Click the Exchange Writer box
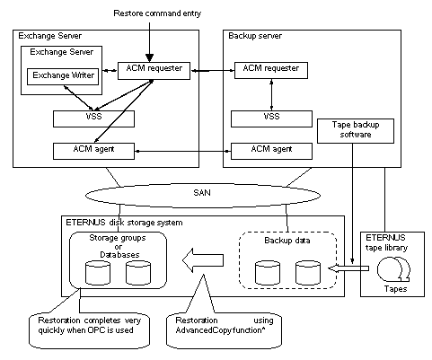(x=63, y=76)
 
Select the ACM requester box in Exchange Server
(x=154, y=71)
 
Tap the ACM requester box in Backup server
(x=271, y=70)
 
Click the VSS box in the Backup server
(x=271, y=119)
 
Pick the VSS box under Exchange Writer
(x=93, y=119)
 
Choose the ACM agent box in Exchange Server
(x=93, y=151)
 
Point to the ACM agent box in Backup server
(x=271, y=151)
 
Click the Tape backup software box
(x=356, y=131)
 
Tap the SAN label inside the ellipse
(x=202, y=192)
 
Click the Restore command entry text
(x=157, y=13)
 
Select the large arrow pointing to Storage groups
(x=203, y=260)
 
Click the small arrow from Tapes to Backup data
(x=348, y=268)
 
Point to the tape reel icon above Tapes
(x=393, y=269)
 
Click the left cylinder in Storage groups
(x=98, y=273)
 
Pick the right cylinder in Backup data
(x=308, y=273)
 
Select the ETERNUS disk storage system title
(x=124, y=223)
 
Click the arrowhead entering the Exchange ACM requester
(x=149, y=57)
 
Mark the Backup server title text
(x=255, y=36)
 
